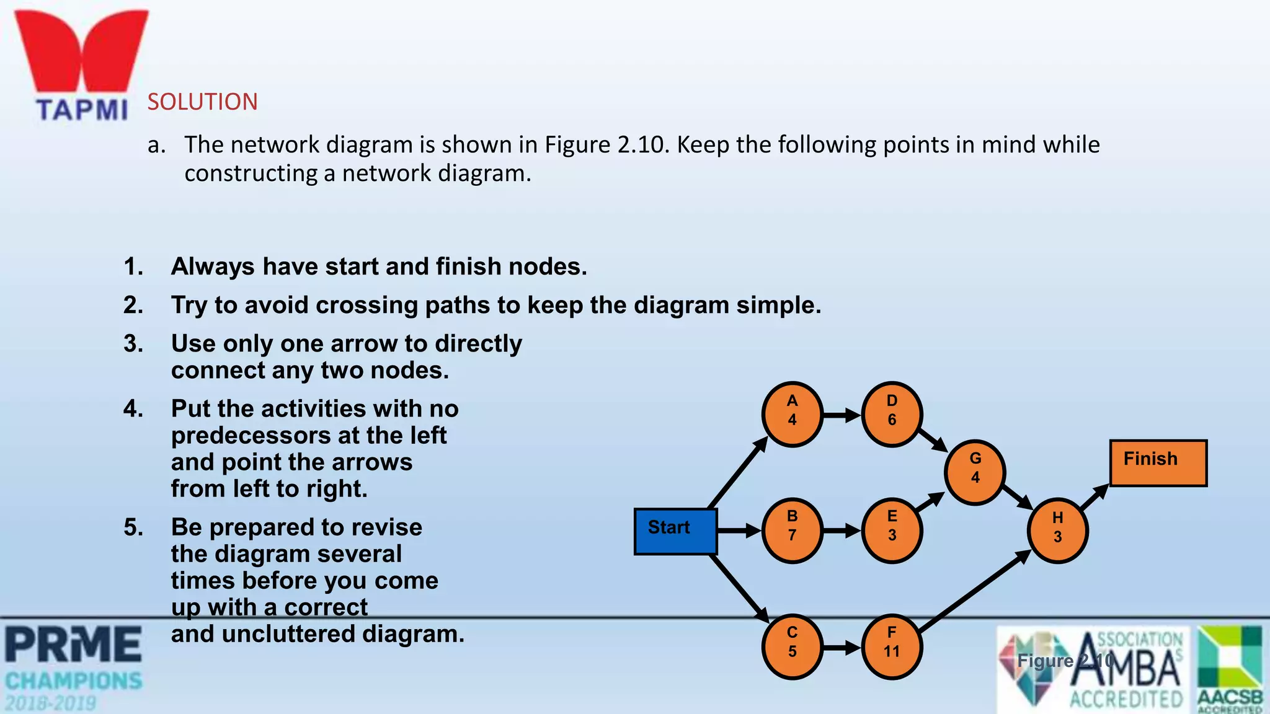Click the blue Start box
click(x=675, y=531)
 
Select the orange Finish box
click(x=1158, y=463)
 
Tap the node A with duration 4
click(x=792, y=414)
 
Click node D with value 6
click(x=892, y=414)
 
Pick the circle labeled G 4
click(x=975, y=472)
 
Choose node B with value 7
click(x=792, y=531)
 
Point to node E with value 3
click(x=892, y=531)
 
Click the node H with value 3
click(x=1057, y=531)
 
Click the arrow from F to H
click(x=974, y=592)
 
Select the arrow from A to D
click(x=841, y=415)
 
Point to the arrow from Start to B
click(x=739, y=531)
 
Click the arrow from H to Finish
click(x=1095, y=497)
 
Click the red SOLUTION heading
click(x=202, y=102)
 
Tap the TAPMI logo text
click(x=82, y=110)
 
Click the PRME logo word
click(x=73, y=645)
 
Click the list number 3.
click(x=133, y=343)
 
